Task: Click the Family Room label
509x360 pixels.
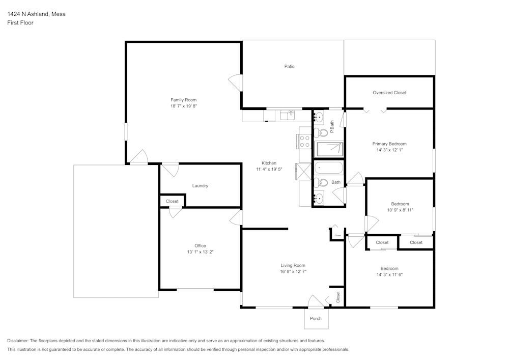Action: point(183,100)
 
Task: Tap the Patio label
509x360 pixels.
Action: point(289,66)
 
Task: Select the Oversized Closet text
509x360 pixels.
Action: point(389,93)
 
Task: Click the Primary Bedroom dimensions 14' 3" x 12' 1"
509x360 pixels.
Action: point(389,150)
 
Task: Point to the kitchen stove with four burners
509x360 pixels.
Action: point(304,141)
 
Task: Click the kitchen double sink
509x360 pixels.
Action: point(288,115)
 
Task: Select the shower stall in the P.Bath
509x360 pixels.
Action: point(330,149)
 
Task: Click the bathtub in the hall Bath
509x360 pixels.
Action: point(329,168)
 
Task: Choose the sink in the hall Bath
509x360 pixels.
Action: point(319,198)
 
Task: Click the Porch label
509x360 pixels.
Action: point(316,318)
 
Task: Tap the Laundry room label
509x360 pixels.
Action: point(200,186)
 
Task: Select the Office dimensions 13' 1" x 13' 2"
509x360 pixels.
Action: point(200,252)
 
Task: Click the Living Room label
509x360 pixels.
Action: point(293,265)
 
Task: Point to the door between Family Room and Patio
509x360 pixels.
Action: point(236,82)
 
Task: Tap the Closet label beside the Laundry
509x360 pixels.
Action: point(172,201)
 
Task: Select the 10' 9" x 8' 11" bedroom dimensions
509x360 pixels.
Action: point(400,210)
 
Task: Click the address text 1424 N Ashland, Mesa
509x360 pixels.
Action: point(36,14)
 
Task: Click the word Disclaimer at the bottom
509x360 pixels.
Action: point(18,340)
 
